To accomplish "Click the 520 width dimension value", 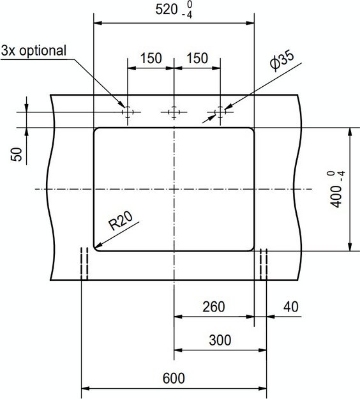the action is pyautogui.click(x=167, y=10).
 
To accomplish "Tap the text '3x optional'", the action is pyautogui.click(x=34, y=50).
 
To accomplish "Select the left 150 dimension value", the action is pyautogui.click(x=151, y=58).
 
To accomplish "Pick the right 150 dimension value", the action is pyautogui.click(x=197, y=58).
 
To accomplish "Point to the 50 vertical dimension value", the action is pyautogui.click(x=17, y=154).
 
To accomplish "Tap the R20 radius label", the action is pyautogui.click(x=121, y=221).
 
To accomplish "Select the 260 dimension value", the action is pyautogui.click(x=214, y=306).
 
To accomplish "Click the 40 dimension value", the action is pyautogui.click(x=291, y=306).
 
